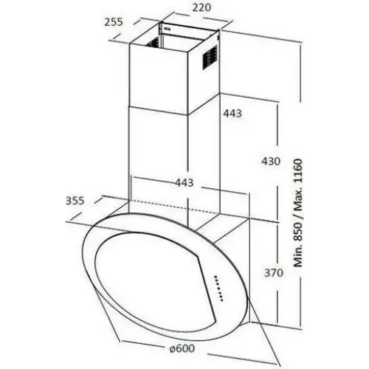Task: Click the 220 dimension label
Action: point(201,7)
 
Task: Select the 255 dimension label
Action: point(114,22)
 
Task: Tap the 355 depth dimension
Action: point(75,201)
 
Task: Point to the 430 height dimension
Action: point(271,162)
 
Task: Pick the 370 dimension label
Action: point(274,273)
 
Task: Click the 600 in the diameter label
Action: point(185,348)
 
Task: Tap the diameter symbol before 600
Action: point(172,348)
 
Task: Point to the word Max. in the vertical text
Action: point(298,199)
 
